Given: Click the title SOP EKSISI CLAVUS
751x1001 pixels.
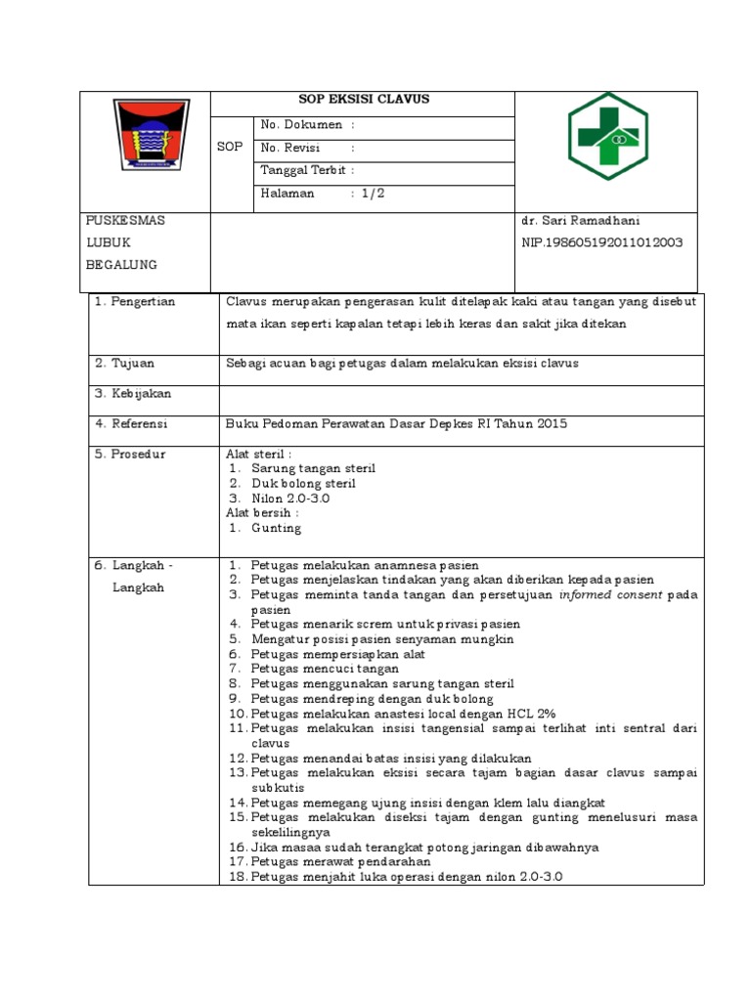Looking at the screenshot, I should click(x=363, y=100).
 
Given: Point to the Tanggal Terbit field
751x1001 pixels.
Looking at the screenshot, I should click(x=307, y=170).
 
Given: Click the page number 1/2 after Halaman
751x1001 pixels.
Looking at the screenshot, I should click(x=373, y=194).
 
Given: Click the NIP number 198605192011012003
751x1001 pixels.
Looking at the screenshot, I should click(x=602, y=242).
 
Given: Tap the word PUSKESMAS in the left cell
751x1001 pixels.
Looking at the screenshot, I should click(x=126, y=221).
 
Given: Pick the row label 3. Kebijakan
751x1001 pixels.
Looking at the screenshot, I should click(x=133, y=394).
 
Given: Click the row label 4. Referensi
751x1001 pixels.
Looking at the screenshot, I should click(x=132, y=424).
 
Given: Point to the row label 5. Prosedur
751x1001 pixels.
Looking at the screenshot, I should click(x=130, y=455).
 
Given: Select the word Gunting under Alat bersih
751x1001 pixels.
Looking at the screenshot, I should click(x=277, y=529).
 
